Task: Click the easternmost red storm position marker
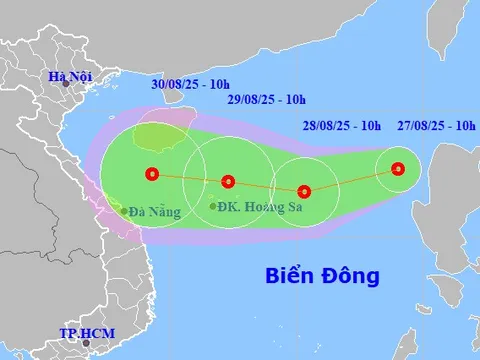click(398, 169)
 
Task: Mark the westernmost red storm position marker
click(151, 174)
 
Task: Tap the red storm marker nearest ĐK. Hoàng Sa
click(228, 181)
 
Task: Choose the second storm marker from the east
click(305, 190)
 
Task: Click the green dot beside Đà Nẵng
click(124, 211)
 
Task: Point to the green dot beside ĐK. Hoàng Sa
click(214, 206)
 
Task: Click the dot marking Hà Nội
click(66, 86)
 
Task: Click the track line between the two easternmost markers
click(352, 180)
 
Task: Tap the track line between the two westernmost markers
click(190, 178)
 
